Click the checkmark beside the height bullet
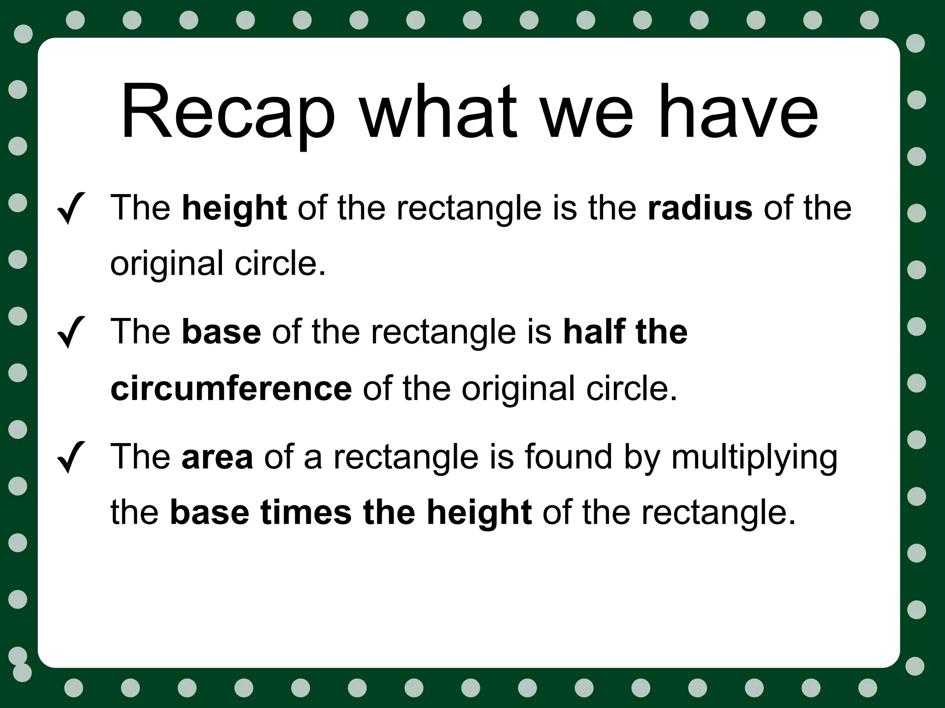[71, 208]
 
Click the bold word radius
[700, 207]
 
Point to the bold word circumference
[231, 388]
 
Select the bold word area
[217, 456]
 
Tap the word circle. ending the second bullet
[632, 388]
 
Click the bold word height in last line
[479, 513]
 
